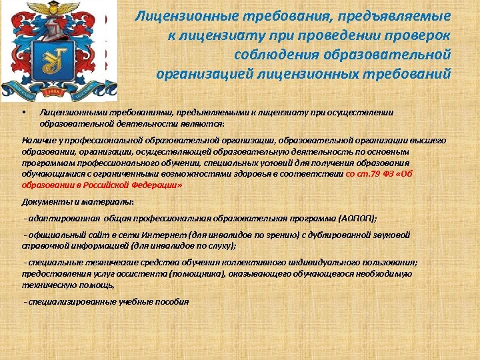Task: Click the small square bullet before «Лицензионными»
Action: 23,112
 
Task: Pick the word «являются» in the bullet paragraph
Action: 206,124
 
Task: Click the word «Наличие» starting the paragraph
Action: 39,141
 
